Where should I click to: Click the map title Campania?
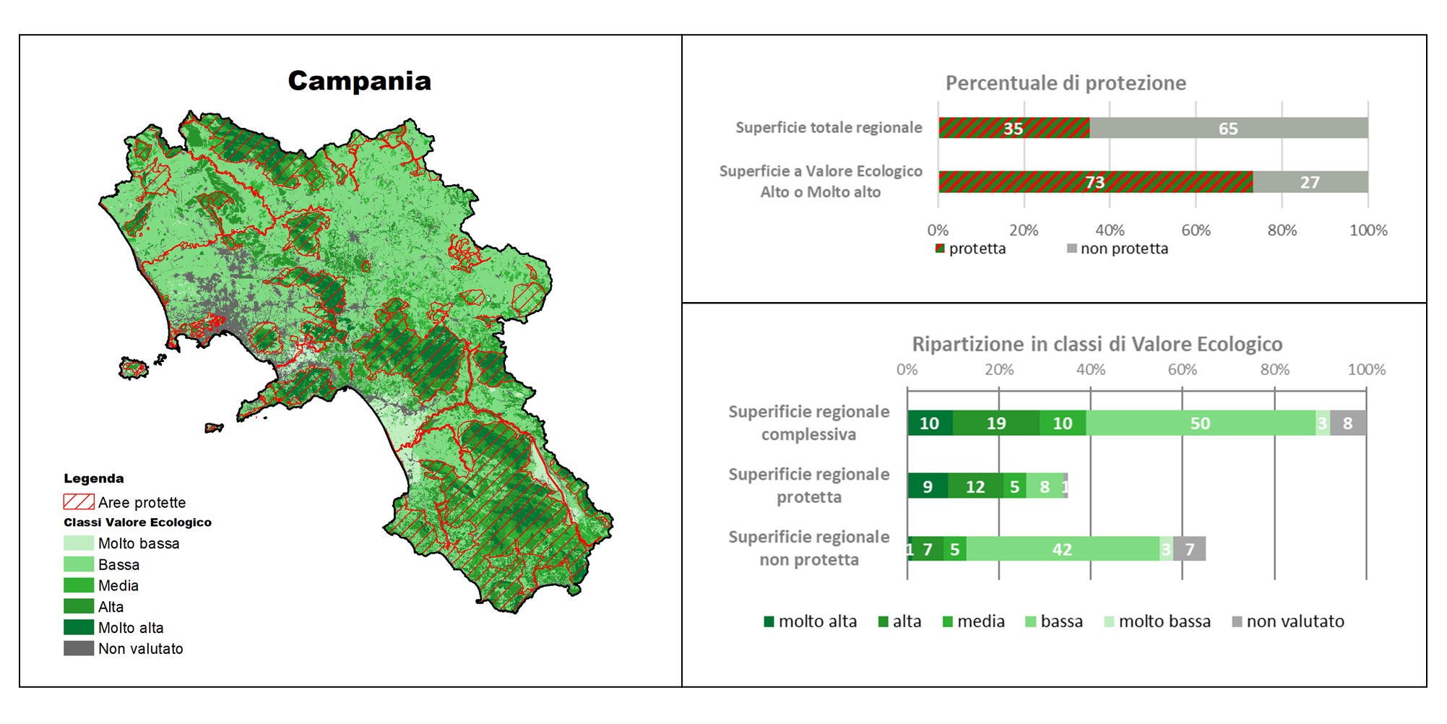point(359,81)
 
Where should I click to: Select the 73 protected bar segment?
point(1095,182)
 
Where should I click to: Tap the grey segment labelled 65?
point(1228,128)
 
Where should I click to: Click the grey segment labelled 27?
point(1310,182)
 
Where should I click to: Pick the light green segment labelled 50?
point(1201,423)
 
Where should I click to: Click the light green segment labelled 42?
point(1063,549)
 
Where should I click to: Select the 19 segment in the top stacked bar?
point(996,423)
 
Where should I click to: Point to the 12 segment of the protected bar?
point(975,486)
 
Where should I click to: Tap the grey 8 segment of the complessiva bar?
point(1348,423)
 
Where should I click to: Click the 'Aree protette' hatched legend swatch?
point(79,501)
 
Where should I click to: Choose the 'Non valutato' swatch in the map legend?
point(79,648)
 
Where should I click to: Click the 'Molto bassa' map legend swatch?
point(79,543)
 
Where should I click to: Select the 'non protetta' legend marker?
point(1072,249)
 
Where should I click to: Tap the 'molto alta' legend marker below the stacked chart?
point(769,621)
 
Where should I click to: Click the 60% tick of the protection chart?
point(1196,230)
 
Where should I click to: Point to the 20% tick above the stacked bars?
point(999,370)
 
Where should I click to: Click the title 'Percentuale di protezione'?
point(1066,83)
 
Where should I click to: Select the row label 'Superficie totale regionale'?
point(829,128)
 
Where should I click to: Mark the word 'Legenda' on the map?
point(94,478)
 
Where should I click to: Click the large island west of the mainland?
point(133,368)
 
